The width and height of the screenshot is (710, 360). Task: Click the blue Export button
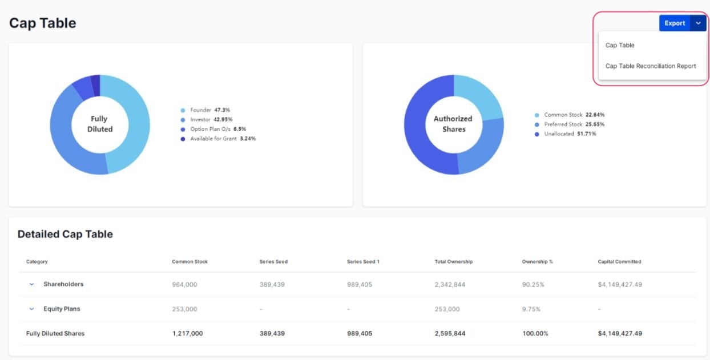point(674,23)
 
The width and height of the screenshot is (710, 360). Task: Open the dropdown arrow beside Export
point(698,23)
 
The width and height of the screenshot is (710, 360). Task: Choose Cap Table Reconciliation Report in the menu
point(651,66)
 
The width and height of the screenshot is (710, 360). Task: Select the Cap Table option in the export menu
point(620,45)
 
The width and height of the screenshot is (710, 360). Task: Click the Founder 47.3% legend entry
point(209,110)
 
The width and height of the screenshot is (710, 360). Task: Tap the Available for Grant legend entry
point(222,139)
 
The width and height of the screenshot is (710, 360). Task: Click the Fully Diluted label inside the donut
point(99,124)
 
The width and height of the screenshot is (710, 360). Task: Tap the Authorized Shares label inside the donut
point(453,124)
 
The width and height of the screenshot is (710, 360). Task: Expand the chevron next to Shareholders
point(32,284)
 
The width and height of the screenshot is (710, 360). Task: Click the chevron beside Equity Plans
point(32,309)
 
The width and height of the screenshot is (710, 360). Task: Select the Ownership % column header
point(537,262)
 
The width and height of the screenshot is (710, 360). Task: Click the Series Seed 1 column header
point(363,262)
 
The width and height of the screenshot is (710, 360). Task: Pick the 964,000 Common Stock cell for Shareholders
point(184,284)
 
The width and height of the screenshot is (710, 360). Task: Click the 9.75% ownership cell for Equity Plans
point(531,309)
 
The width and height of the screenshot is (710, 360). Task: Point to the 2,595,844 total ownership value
point(450,333)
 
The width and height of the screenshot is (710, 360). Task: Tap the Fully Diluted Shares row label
point(55,333)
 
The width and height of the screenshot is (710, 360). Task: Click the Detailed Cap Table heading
point(65,234)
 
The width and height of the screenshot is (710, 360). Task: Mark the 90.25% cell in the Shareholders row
point(533,284)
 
